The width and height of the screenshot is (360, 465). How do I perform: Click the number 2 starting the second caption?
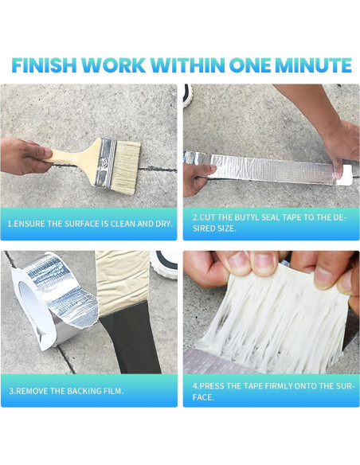(x=194, y=217)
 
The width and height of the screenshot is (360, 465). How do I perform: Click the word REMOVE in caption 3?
(x=35, y=390)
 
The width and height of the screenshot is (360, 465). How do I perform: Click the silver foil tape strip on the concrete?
(x=263, y=169)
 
